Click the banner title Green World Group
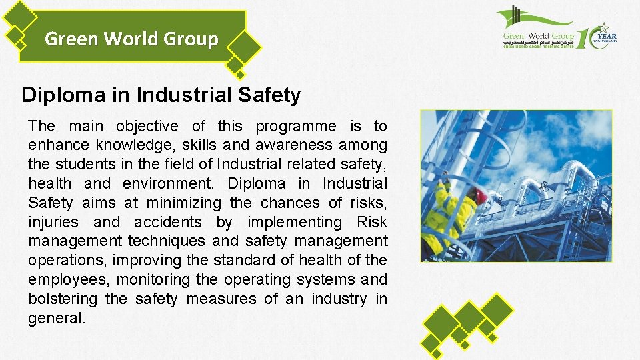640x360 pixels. click(131, 39)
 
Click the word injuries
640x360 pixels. click(53, 222)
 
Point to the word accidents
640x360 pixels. click(167, 222)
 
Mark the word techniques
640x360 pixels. click(167, 241)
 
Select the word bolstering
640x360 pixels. click(63, 299)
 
